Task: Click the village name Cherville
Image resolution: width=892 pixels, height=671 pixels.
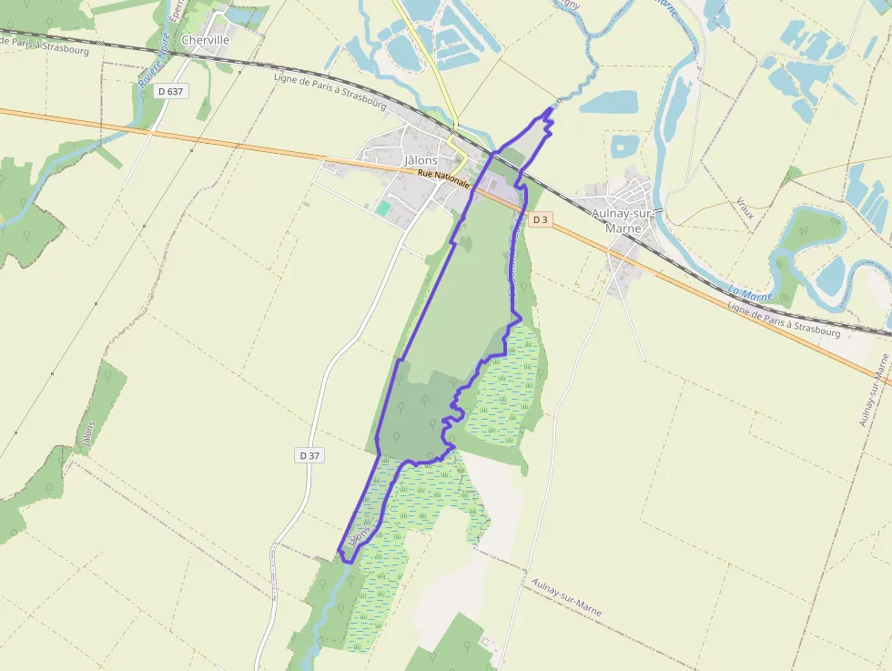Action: pos(205,40)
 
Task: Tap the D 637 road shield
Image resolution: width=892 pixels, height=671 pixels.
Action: pos(170,90)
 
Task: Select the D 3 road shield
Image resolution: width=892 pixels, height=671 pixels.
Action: pos(541,219)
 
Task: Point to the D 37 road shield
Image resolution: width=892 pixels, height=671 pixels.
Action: pos(309,454)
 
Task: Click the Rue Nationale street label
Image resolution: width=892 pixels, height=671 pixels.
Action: pos(444,178)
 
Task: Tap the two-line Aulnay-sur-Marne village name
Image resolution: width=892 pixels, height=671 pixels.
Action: pos(623,220)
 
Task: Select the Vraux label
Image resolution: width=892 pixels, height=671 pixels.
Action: pos(745,208)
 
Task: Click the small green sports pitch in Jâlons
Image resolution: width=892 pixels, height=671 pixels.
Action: pos(384,208)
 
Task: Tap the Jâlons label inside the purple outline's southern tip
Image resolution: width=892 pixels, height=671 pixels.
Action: pos(359,537)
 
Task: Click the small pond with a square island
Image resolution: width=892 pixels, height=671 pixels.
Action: pos(624,146)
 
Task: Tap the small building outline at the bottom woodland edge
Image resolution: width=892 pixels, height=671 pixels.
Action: pos(485,642)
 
